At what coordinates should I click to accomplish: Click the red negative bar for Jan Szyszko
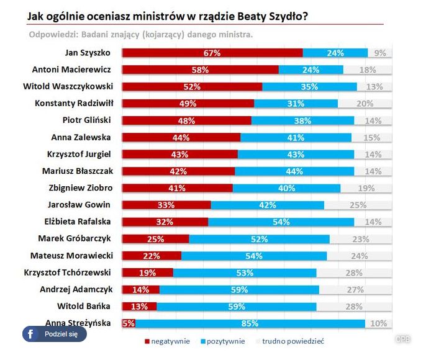(212, 53)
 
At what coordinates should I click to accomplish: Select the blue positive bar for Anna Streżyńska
(250, 323)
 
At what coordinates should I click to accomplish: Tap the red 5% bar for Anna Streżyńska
(129, 323)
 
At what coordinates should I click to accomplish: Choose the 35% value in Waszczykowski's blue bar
(309, 87)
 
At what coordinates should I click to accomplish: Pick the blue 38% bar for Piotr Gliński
(302, 120)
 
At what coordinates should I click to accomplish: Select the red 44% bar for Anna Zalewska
(181, 137)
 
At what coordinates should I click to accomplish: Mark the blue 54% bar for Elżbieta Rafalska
(281, 222)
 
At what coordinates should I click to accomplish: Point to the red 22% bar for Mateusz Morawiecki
(152, 255)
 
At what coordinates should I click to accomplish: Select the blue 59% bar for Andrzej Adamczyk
(239, 289)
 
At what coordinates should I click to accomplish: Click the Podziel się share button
(55, 334)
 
